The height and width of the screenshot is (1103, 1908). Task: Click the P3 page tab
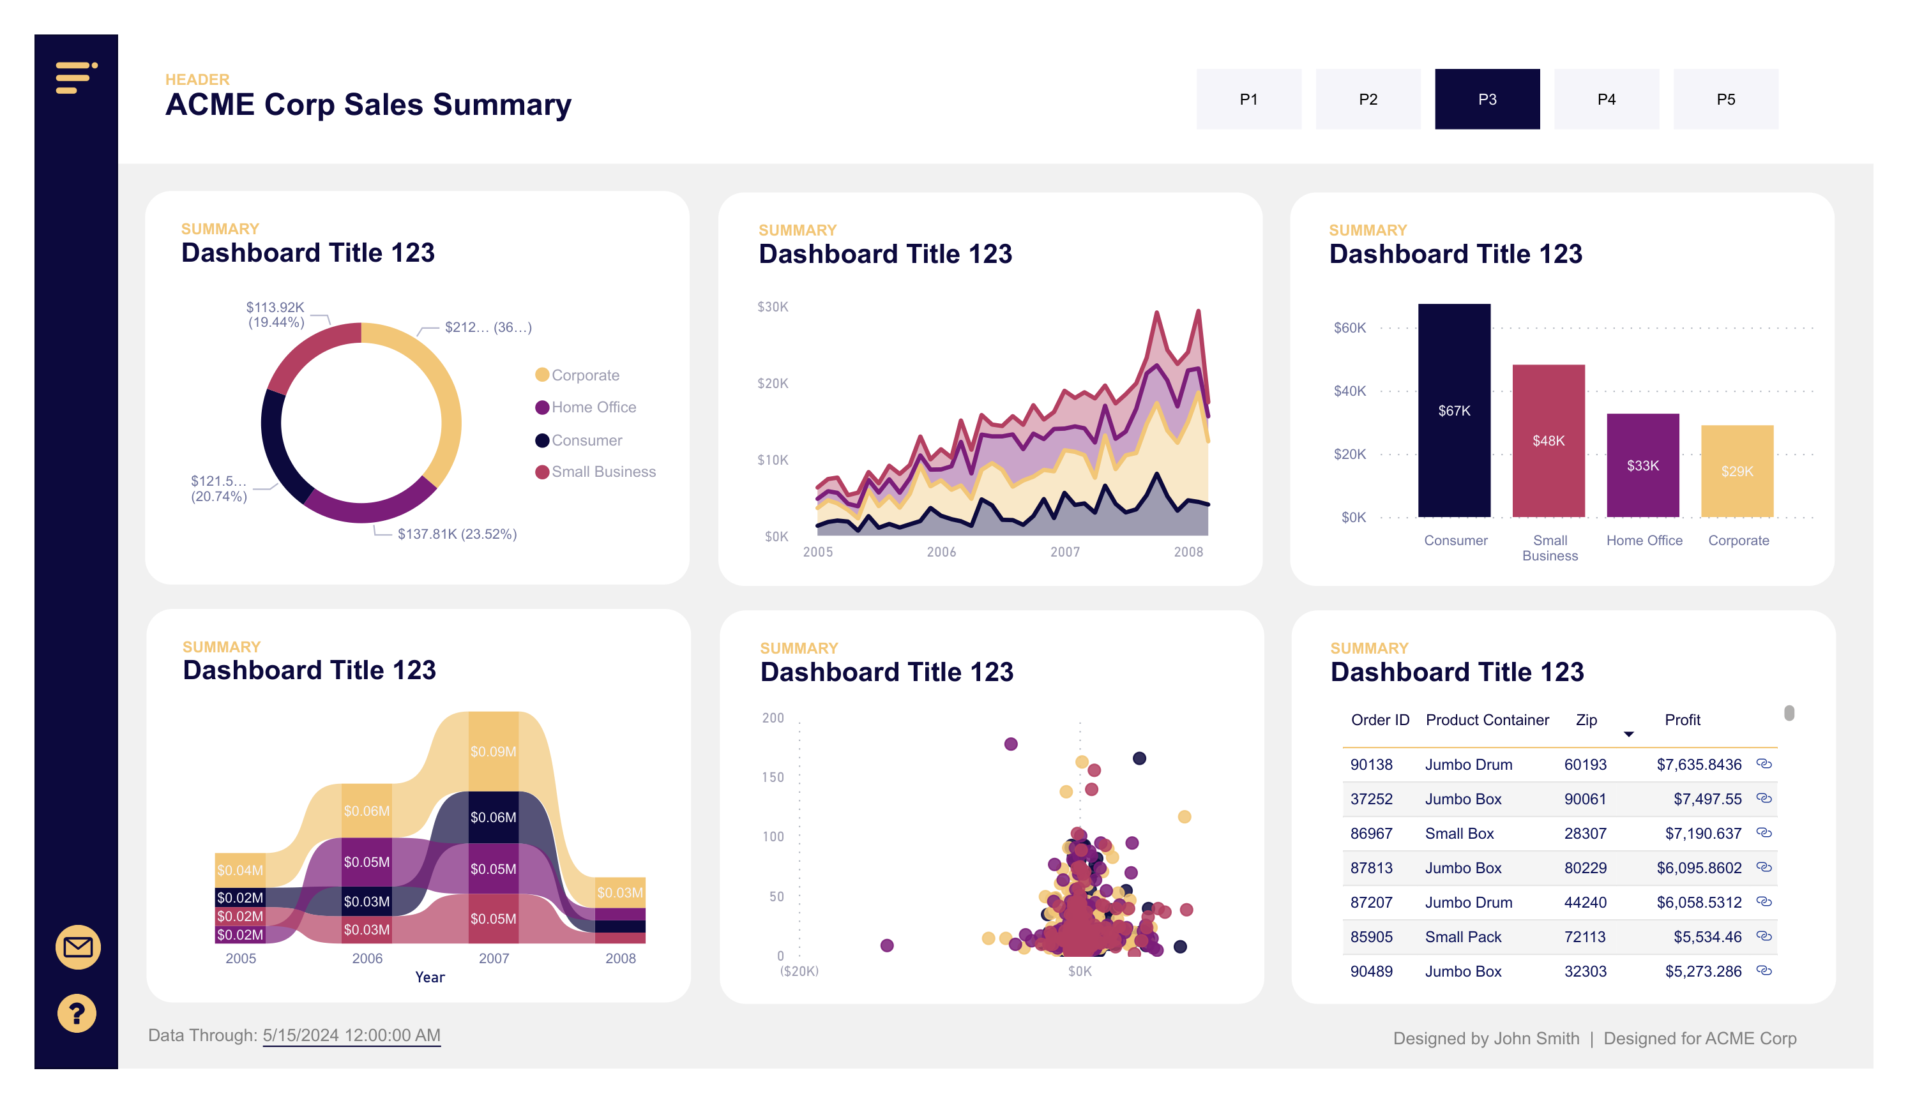tap(1487, 99)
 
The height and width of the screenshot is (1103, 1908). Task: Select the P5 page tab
tap(1725, 99)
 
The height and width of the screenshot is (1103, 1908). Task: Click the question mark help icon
tap(77, 1013)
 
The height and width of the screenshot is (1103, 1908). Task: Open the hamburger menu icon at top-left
tap(76, 78)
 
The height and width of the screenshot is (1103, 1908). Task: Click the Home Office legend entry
tap(593, 407)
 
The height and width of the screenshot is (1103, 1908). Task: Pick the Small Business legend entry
tap(603, 472)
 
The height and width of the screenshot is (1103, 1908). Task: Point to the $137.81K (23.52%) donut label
tap(457, 534)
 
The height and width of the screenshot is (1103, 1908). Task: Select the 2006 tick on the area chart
tap(941, 552)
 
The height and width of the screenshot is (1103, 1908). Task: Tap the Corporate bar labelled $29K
tap(1736, 471)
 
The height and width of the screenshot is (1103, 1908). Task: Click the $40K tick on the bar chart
tap(1349, 391)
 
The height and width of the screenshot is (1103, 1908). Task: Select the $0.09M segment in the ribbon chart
tap(493, 751)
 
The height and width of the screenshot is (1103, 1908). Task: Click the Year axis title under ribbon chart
tap(429, 977)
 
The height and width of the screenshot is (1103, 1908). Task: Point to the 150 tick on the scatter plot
tap(772, 777)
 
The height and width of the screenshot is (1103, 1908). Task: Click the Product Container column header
tap(1487, 720)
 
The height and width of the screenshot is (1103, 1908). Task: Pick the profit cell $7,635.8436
tap(1699, 765)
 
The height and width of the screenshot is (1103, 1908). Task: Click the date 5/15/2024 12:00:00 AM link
tap(351, 1035)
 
